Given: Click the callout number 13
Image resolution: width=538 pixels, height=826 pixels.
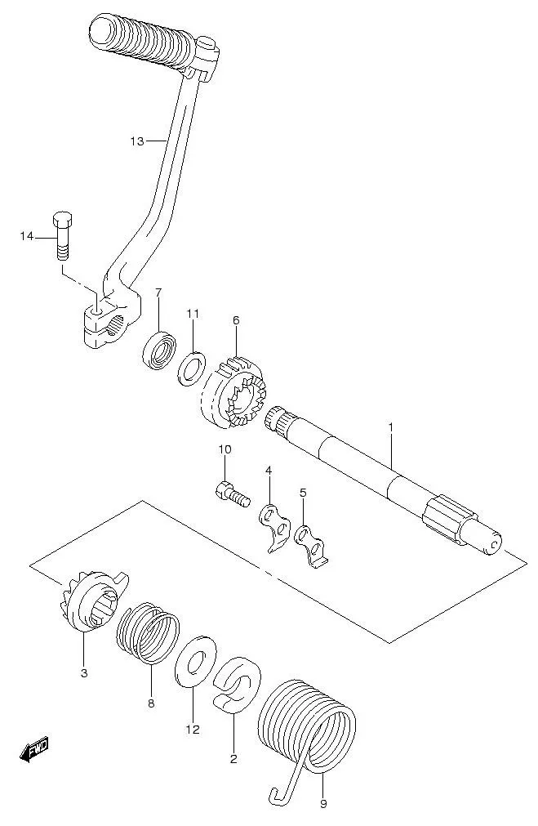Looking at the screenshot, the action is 137,141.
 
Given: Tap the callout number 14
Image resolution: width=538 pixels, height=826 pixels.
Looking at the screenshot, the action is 27,237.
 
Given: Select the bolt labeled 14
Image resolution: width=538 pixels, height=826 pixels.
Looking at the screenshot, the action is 62,235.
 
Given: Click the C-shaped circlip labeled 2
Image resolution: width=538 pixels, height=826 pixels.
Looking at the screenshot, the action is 236,684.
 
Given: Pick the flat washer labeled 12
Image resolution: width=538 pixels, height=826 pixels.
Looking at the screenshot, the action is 195,661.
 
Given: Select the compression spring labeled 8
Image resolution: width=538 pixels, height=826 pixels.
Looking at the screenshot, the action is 148,634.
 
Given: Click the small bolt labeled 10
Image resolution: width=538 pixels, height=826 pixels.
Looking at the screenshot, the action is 232,493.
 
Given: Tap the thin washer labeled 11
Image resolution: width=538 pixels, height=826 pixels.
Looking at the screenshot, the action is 190,368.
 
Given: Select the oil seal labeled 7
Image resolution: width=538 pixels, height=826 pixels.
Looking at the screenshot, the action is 159,349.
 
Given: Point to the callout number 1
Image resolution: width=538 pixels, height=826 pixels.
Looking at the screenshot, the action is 390,427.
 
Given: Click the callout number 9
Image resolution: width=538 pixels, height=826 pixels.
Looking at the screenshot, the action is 323,804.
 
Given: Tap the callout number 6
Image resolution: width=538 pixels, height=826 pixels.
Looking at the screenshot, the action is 236,319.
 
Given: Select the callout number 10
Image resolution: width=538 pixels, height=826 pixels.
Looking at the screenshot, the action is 225,449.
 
